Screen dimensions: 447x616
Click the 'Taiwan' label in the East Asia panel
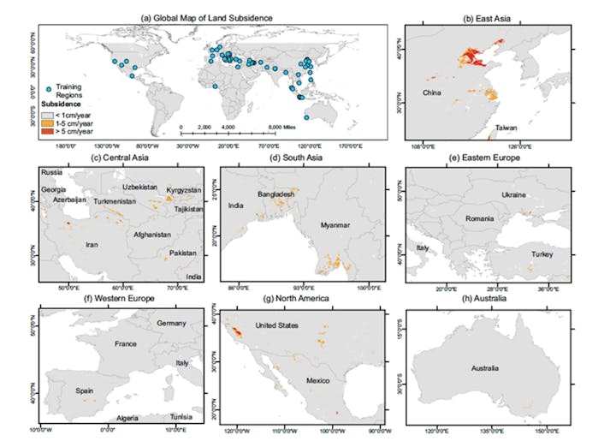[506, 128]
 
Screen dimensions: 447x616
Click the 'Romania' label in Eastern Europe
[480, 219]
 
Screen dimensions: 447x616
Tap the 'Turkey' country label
[542, 255]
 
